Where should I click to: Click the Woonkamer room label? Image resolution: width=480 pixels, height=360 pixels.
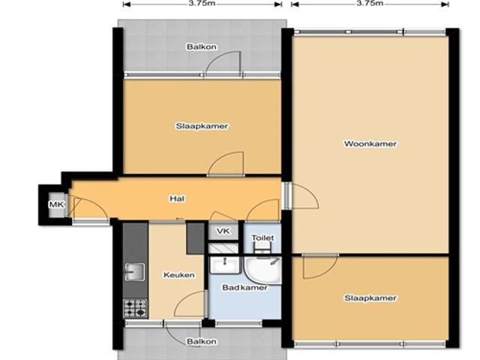[x=370, y=144]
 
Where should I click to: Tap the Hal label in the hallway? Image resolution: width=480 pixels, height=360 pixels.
[x=177, y=199]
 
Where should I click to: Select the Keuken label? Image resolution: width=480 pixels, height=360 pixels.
[x=179, y=275]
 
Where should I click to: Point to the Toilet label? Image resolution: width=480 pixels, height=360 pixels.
[x=262, y=238]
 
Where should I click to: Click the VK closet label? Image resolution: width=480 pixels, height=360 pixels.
[x=223, y=231]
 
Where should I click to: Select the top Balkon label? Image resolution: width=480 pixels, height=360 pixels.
[x=202, y=47]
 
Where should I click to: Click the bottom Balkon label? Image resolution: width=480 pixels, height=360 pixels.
[x=202, y=341]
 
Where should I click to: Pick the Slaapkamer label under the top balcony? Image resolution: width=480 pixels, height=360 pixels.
[x=202, y=126]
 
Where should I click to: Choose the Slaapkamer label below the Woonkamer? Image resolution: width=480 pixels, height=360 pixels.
[x=370, y=298]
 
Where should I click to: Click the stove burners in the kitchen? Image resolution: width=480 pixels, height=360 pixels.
[x=135, y=307]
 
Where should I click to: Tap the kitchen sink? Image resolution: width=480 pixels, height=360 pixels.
[x=135, y=271]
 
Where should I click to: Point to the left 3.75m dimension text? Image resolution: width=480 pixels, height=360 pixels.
[x=203, y=3]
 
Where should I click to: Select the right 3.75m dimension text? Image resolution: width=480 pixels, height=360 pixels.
[x=370, y=3]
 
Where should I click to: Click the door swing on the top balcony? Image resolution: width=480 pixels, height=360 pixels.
[x=223, y=64]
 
